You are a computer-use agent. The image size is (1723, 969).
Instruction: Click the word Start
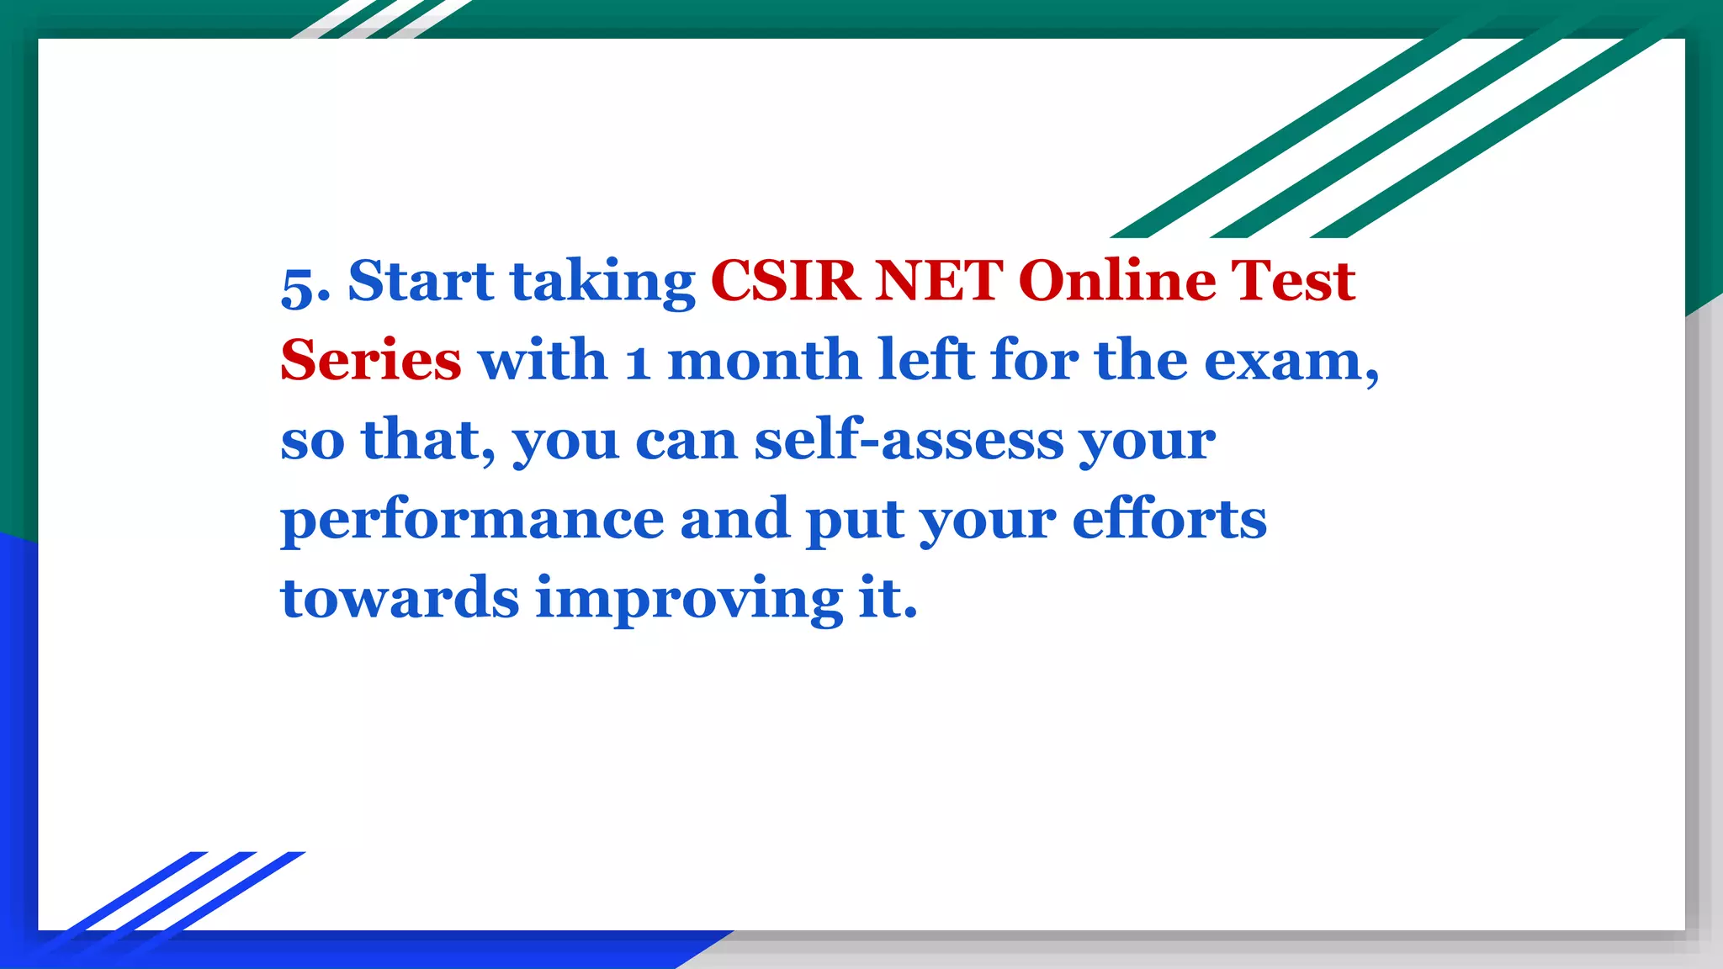point(421,281)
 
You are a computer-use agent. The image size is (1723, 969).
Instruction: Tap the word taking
point(603,283)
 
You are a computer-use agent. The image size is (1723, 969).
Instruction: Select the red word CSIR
point(785,281)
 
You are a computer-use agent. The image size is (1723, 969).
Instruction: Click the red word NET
point(939,281)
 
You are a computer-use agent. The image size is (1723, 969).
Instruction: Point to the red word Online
point(1116,281)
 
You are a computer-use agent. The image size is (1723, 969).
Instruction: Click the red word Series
point(371,361)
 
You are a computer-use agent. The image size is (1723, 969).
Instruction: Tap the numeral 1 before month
point(638,363)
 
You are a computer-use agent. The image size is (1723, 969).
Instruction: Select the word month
point(764,361)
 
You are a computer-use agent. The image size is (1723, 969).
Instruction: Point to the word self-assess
point(909,440)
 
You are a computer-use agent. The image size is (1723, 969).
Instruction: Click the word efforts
point(1169,519)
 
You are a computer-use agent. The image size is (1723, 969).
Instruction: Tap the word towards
point(400,598)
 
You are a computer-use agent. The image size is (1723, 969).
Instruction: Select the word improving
point(689,600)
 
